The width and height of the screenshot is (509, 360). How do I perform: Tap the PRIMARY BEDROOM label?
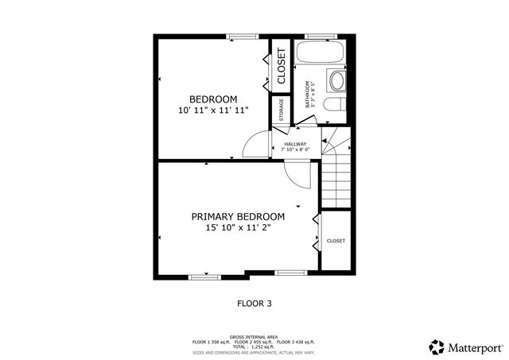tap(238, 216)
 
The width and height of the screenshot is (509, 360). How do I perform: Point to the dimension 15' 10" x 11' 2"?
tap(238, 228)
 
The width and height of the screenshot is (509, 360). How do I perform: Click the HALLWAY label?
tap(295, 144)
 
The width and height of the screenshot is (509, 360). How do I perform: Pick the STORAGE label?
tap(281, 110)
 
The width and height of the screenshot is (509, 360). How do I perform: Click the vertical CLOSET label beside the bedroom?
tap(281, 68)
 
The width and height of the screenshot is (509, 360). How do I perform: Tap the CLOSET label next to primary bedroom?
tap(336, 241)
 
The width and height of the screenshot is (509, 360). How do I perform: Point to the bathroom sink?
tap(337, 81)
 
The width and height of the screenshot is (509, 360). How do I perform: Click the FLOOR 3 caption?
tap(254, 303)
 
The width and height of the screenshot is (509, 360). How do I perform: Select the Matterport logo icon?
tap(437, 346)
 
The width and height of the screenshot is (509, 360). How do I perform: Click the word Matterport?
tap(475, 347)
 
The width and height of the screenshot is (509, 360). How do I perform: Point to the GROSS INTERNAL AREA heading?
tap(254, 337)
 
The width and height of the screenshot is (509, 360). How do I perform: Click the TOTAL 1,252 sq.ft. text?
tap(254, 346)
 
